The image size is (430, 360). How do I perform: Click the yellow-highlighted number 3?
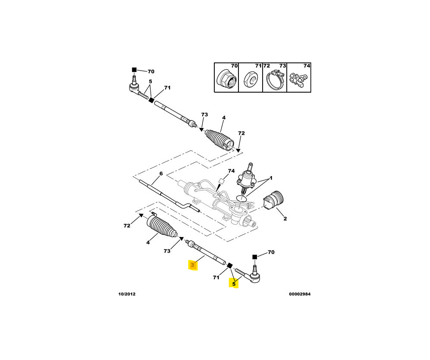coord(192,265)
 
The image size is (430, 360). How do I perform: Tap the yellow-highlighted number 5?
coord(234,284)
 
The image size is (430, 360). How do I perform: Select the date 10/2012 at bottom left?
coord(127,294)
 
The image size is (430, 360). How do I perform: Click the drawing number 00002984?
coord(300,294)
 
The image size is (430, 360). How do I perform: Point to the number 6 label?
coord(161,174)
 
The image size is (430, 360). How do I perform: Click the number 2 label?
coord(285,219)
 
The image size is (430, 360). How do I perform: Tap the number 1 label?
coord(271,178)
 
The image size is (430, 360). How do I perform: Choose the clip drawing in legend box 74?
coord(299,79)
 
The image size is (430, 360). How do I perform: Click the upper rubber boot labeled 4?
coord(220,140)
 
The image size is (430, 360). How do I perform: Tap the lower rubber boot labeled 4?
coord(162,227)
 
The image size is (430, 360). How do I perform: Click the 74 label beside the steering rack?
coord(232,171)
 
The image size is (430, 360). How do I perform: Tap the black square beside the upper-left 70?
coord(134,70)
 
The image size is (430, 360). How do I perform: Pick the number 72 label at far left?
coord(127,226)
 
